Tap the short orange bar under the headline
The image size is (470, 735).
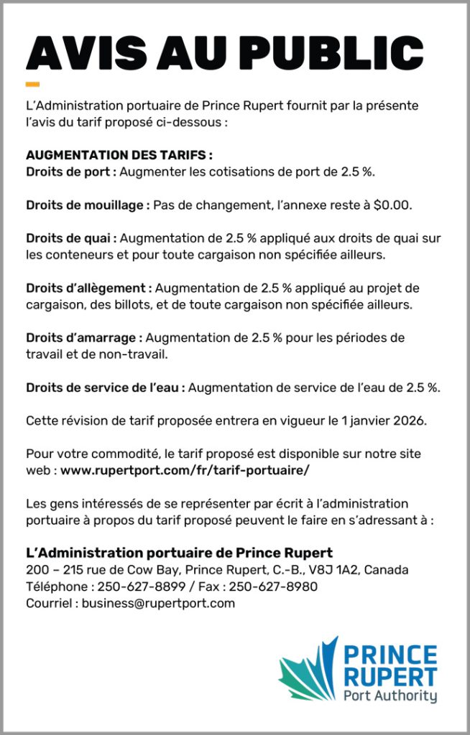coord(32,84)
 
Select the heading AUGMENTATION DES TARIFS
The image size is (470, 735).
coord(119,155)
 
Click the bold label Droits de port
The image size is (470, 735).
coord(71,172)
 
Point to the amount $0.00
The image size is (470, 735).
coord(392,205)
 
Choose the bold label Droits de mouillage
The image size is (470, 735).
coord(88,205)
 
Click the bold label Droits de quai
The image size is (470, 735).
coord(72,238)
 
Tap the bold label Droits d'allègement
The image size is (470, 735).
coord(89,288)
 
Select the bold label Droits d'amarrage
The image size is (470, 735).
coord(85,337)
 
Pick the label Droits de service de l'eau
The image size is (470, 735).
coord(106,388)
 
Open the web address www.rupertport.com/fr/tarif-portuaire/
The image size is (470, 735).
coord(185,470)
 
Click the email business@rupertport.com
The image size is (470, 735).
coord(158,603)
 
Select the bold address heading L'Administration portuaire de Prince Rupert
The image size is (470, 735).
coord(179,553)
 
